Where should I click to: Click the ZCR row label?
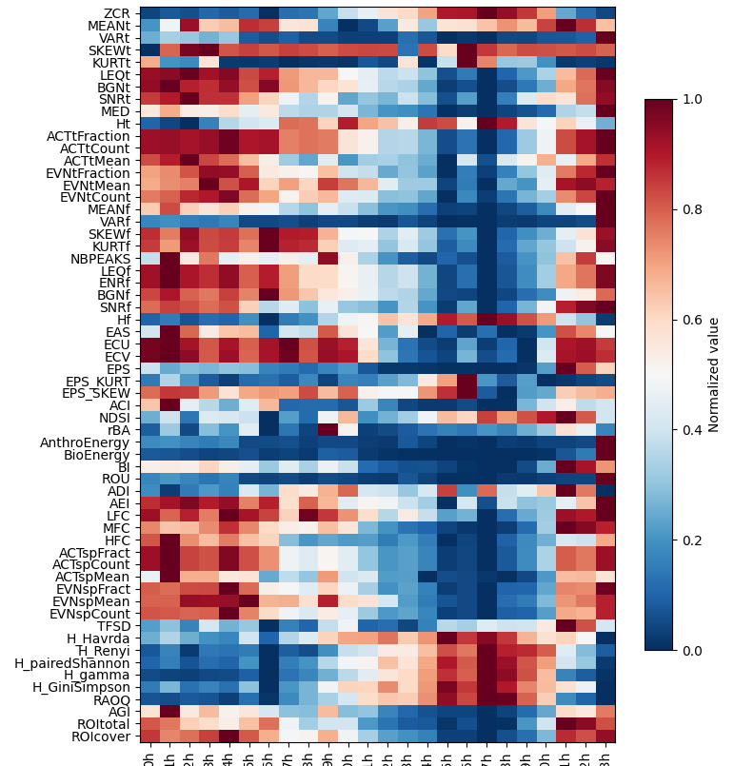(x=117, y=12)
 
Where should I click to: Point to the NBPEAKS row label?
(x=99, y=259)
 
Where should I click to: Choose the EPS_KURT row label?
(x=96, y=382)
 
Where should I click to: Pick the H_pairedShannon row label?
(x=79, y=662)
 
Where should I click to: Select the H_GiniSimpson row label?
(x=83, y=687)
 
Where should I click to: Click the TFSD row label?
(x=113, y=626)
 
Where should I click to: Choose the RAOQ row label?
(x=111, y=699)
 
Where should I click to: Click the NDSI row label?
(x=114, y=418)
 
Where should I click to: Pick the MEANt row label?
(x=110, y=25)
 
